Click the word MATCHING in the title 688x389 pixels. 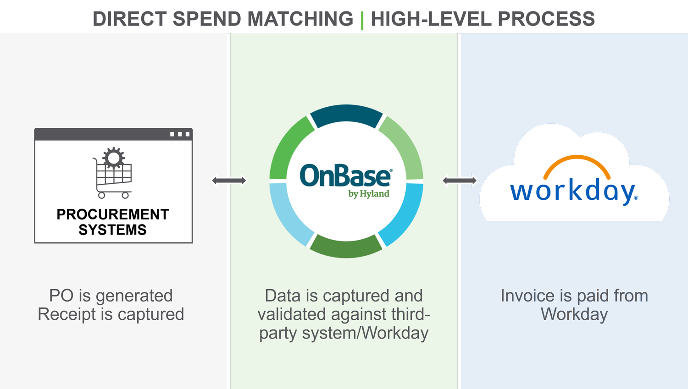click(x=300, y=19)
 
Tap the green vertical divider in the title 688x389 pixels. click(x=362, y=20)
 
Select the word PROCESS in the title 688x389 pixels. click(x=546, y=19)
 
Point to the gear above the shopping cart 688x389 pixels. click(x=114, y=158)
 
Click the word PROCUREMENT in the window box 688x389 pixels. click(x=113, y=214)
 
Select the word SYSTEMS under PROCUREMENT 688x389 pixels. click(x=113, y=230)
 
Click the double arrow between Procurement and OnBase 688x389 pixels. click(x=229, y=181)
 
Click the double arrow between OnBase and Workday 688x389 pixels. click(x=460, y=181)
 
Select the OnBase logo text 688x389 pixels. click(x=345, y=176)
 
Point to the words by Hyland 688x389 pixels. click(x=369, y=194)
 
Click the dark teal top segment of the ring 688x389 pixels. click(x=346, y=115)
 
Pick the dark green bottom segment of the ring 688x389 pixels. click(x=346, y=247)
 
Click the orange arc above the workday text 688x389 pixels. click(x=577, y=161)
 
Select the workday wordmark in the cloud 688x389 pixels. click(x=573, y=191)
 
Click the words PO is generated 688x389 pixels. click(x=111, y=296)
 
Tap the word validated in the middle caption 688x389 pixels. click(x=292, y=315)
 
